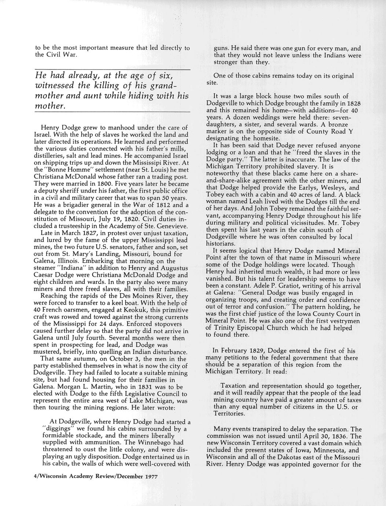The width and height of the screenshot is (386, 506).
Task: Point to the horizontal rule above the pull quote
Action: [112, 70]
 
